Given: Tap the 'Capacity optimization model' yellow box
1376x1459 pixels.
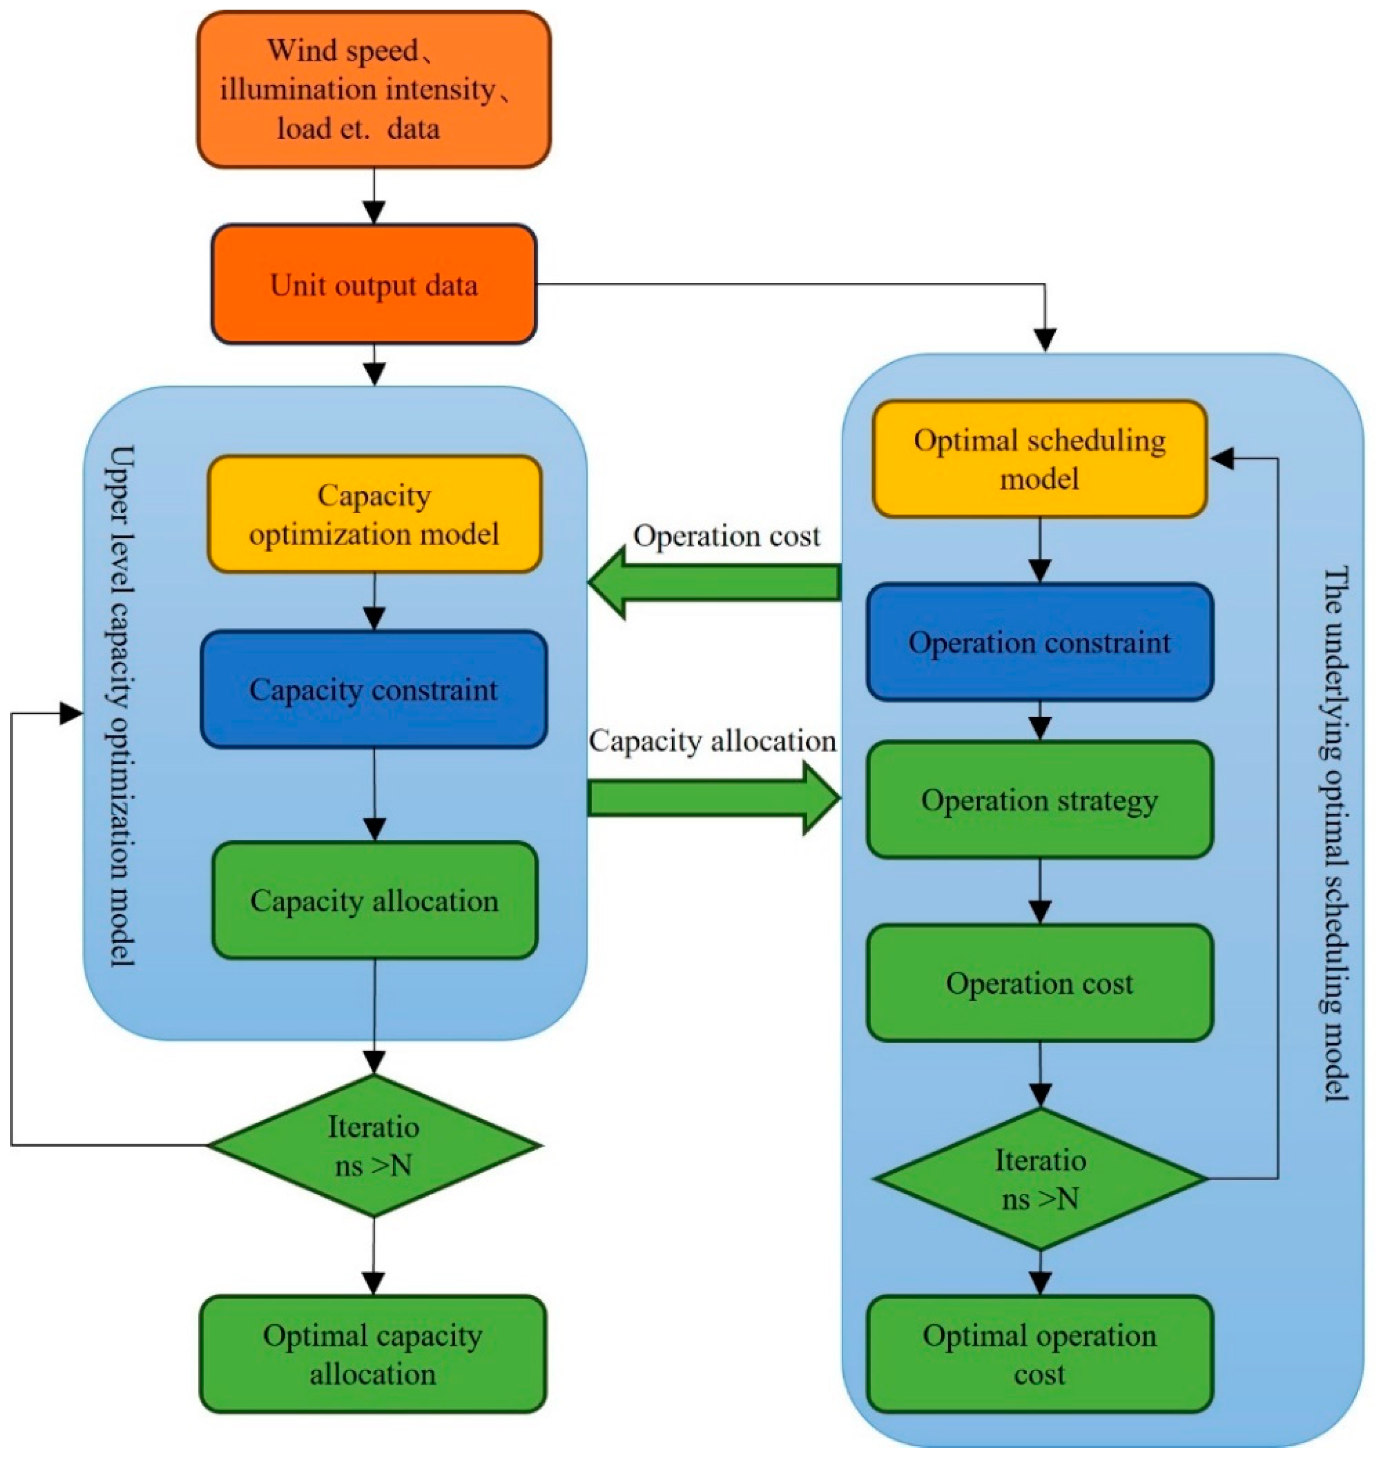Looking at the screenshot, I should [374, 514].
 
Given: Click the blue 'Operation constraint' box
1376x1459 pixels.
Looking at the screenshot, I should [1039, 642].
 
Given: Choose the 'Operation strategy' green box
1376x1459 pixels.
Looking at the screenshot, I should [1039, 800].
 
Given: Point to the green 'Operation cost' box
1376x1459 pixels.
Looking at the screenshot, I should [1039, 983].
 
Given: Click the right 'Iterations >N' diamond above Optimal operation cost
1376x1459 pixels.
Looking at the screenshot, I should [1040, 1179].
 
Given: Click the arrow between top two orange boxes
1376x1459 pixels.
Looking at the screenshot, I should [374, 197].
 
